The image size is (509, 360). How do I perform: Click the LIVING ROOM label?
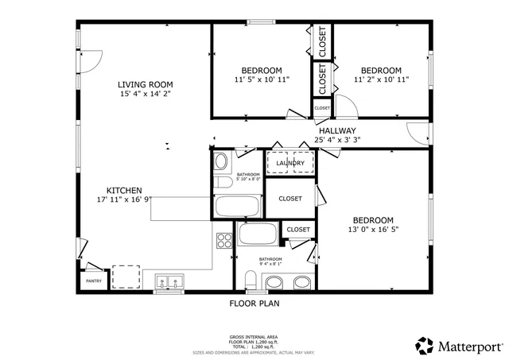click(146, 84)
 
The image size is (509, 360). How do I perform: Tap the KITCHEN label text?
click(124, 191)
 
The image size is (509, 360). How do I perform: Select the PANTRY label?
click(93, 281)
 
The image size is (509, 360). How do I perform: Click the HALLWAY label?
click(337, 130)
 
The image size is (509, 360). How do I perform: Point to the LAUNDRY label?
click(290, 164)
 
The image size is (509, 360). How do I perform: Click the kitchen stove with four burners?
click(223, 240)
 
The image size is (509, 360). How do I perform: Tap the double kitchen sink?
click(169, 281)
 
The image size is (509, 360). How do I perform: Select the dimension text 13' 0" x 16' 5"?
click(372, 230)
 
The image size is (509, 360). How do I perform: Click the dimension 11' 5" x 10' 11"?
click(262, 79)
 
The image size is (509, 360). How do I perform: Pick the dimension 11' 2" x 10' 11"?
click(381, 79)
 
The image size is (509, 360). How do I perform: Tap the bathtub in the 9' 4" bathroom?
click(257, 234)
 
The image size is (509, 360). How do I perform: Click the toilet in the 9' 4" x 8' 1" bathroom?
click(250, 281)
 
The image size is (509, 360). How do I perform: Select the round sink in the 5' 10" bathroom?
click(222, 162)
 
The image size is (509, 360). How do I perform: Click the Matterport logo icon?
click(424, 346)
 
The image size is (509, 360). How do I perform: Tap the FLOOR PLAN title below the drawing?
click(254, 303)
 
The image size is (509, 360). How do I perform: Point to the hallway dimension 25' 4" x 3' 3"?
click(337, 140)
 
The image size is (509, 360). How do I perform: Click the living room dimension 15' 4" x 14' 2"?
click(146, 94)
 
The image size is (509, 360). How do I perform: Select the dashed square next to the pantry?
click(126, 277)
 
